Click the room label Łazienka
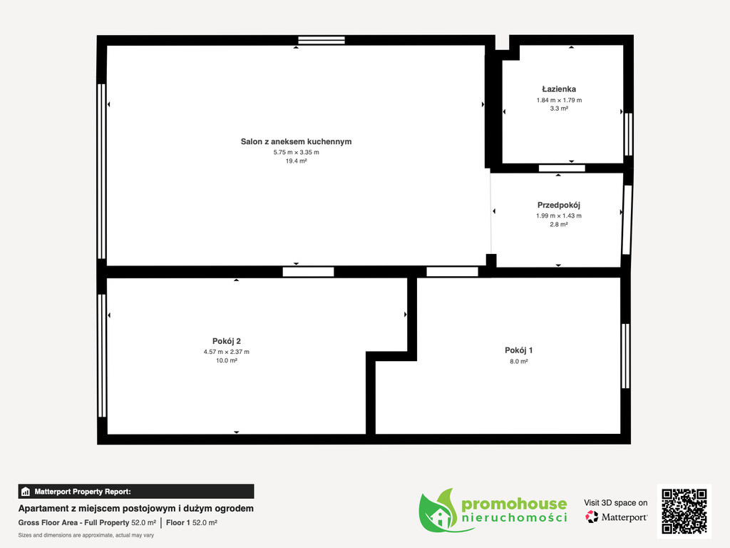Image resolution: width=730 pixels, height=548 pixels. pyautogui.click(x=559, y=89)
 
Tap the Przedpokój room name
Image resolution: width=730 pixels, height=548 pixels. pyautogui.click(x=559, y=205)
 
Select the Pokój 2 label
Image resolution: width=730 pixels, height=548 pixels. pyautogui.click(x=226, y=341)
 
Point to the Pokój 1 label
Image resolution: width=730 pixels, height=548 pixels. pyautogui.click(x=519, y=350)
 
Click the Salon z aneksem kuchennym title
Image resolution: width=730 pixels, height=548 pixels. pyautogui.click(x=296, y=142)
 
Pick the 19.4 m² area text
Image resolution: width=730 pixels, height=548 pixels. pyautogui.click(x=296, y=161)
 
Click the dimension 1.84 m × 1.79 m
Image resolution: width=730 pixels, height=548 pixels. pyautogui.click(x=559, y=100)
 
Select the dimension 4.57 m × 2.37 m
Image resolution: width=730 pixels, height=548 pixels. pyautogui.click(x=226, y=352)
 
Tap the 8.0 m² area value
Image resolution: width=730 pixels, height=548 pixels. pyautogui.click(x=519, y=362)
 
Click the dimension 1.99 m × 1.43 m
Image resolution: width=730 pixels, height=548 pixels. pyautogui.click(x=559, y=215)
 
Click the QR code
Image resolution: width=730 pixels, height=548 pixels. pyautogui.click(x=684, y=511)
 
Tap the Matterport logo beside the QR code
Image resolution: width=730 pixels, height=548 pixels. pyautogui.click(x=616, y=517)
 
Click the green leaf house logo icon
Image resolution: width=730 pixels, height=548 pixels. pyautogui.click(x=438, y=511)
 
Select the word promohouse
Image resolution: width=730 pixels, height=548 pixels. pyautogui.click(x=514, y=504)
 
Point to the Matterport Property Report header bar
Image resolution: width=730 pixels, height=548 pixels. pyautogui.click(x=136, y=492)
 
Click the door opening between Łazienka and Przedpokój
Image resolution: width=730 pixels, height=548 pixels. pyautogui.click(x=562, y=168)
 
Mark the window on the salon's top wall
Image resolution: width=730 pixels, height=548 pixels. pyautogui.click(x=322, y=40)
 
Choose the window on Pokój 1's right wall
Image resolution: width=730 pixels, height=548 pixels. pyautogui.click(x=626, y=356)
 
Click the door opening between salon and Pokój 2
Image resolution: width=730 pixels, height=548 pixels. pyautogui.click(x=308, y=272)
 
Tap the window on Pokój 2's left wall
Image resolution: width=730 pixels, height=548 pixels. pyautogui.click(x=102, y=355)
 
